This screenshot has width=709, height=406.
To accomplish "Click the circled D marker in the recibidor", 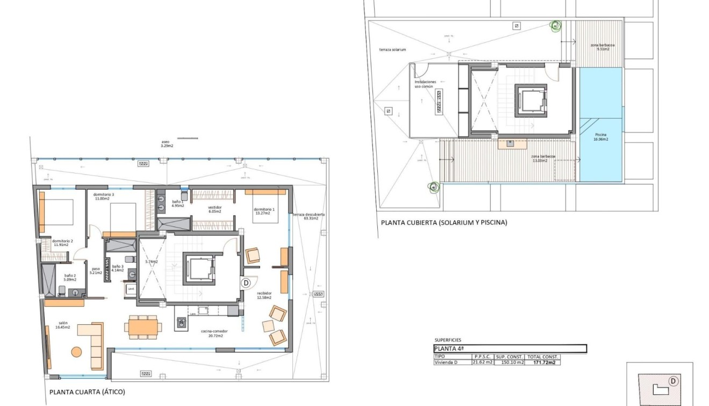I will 246,282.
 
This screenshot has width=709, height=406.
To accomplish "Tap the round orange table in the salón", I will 77,352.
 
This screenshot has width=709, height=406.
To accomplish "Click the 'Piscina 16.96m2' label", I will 600,137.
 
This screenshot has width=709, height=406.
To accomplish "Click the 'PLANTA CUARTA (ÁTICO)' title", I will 87,392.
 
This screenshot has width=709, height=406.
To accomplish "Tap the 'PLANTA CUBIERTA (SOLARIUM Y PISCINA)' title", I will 443,222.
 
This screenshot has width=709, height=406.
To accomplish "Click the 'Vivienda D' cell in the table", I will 446,363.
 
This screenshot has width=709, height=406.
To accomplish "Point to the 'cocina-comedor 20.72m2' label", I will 212,334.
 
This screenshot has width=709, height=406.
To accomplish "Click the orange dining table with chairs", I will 142,327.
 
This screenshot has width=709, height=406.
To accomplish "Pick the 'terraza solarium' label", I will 392,49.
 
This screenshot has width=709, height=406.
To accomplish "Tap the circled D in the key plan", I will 672,381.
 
